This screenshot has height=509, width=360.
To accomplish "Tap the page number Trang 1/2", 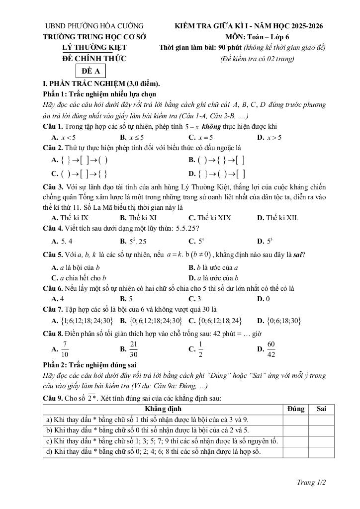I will tap(311, 482).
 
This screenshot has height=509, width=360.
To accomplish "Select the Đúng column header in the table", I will tap(296, 409).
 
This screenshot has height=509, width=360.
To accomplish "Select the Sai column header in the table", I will tap(321, 409).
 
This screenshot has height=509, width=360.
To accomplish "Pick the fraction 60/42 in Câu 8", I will tap(271, 349).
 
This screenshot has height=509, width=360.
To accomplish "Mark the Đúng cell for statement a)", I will tap(296, 420).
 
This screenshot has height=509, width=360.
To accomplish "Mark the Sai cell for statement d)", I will tap(321, 452).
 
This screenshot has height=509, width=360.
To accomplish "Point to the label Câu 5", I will tap(53, 255).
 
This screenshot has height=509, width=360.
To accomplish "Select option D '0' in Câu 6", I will tap(263, 299).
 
